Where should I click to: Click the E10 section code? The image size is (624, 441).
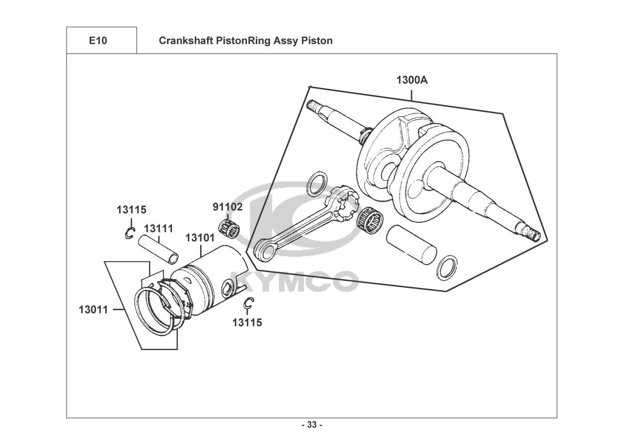click(97, 41)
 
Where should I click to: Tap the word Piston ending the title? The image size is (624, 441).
click(318, 41)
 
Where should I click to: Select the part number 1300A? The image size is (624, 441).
click(412, 80)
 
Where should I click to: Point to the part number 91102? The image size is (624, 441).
click(228, 207)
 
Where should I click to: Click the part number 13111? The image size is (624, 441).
click(159, 228)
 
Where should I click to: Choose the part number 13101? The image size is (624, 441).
click(200, 238)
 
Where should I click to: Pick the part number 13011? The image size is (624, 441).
click(93, 310)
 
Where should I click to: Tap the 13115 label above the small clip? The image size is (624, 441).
click(131, 210)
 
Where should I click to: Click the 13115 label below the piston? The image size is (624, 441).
click(247, 323)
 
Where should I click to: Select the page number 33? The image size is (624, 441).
click(312, 425)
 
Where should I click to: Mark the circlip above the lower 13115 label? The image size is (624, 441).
click(248, 303)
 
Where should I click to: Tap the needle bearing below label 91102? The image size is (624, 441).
click(229, 227)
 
